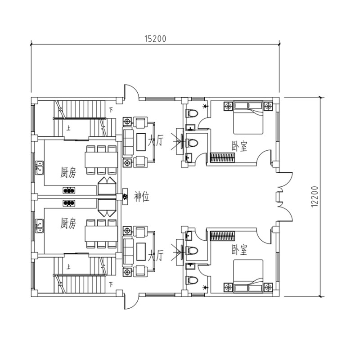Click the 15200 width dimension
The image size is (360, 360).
[155, 39]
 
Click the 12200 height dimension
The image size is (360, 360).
[315, 197]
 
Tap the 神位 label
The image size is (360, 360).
[142, 197]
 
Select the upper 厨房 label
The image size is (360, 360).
[68, 172]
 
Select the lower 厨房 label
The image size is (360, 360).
[68, 223]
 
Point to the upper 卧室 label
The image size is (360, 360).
[239, 146]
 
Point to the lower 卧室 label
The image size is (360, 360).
[239, 250]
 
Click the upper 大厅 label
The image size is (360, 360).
[156, 140]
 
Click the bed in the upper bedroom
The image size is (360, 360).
[248, 117]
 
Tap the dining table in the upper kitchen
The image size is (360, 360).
[101, 160]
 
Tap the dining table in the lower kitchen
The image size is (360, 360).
[101, 234]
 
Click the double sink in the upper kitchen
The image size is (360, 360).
[39, 168]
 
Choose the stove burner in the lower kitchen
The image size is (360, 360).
[69, 203]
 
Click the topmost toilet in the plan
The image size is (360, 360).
[192, 113]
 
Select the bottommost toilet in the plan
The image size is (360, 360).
[192, 280]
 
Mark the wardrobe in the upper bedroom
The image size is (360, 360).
[222, 158]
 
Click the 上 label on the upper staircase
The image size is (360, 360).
[68, 128]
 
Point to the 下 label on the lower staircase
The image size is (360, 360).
[111, 285]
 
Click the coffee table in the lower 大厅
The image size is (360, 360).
[141, 252]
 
